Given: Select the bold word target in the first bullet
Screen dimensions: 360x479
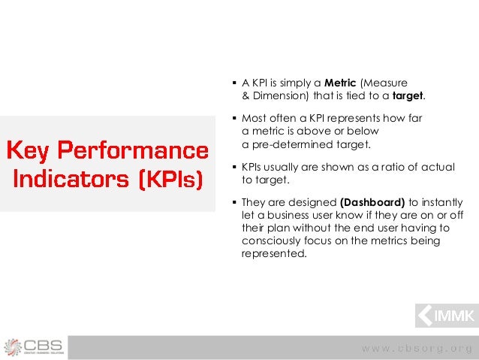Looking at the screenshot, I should tap(408, 96).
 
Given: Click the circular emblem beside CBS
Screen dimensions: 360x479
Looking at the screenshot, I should tap(14, 346).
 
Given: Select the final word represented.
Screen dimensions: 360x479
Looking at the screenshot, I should tap(274, 253).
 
